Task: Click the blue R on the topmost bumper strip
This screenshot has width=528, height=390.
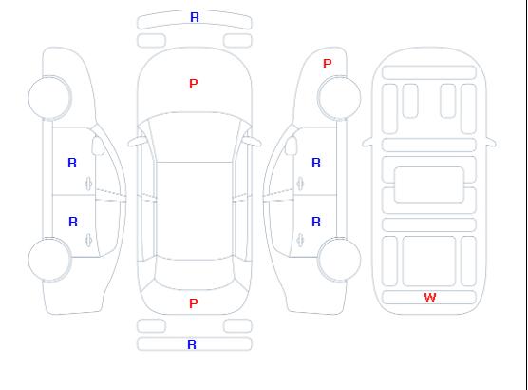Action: [195, 17]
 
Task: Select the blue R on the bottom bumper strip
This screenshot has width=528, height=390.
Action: [192, 344]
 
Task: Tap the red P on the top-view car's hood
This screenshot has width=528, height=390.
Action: [194, 84]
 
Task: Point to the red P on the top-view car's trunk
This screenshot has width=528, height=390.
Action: [194, 303]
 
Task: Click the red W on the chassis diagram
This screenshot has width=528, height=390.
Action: [430, 298]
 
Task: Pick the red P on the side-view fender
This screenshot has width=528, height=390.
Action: [327, 64]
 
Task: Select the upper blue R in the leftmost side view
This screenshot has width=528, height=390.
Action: [72, 163]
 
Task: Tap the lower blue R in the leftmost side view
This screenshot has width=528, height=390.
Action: [73, 222]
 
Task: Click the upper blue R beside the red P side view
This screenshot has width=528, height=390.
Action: [316, 163]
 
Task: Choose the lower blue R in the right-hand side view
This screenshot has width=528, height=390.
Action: [316, 222]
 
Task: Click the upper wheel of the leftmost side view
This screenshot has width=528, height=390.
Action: [49, 98]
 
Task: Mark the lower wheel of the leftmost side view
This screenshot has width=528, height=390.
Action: [49, 260]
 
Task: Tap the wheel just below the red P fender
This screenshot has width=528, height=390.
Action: [339, 98]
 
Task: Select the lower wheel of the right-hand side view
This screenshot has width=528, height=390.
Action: [339, 259]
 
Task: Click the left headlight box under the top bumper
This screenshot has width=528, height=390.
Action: [151, 41]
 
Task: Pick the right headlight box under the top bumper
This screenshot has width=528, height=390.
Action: [237, 41]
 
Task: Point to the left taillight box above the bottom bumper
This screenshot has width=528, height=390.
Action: [151, 326]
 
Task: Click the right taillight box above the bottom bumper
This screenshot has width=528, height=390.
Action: [237, 326]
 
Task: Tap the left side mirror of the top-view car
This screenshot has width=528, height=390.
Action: [136, 142]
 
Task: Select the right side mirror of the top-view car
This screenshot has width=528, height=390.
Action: [253, 142]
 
